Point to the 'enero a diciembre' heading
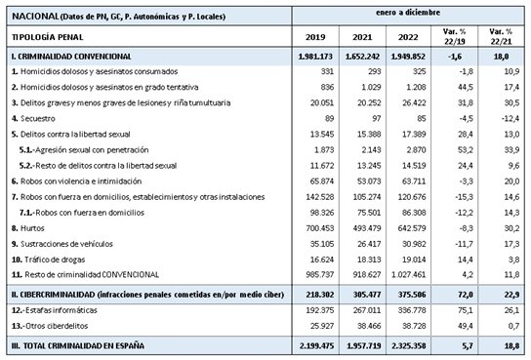pos(409,14)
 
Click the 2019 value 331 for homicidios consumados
pos(326,73)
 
